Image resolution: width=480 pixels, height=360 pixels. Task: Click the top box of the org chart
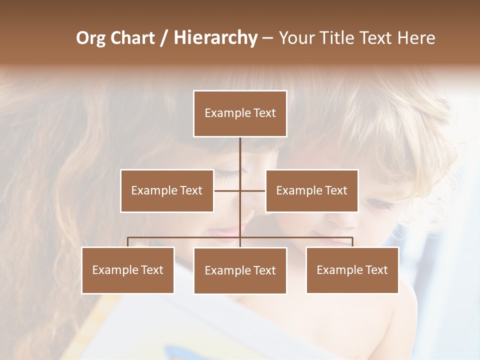point(240,113)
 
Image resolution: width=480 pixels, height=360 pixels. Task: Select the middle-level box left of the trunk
point(167,190)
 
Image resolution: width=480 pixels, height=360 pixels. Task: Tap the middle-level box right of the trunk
point(311,190)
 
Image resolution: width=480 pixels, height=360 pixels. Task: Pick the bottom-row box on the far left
point(128,270)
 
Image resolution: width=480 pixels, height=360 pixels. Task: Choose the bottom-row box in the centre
point(240,270)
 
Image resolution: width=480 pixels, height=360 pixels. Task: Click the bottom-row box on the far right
point(352,270)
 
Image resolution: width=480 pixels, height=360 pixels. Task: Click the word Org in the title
point(90,38)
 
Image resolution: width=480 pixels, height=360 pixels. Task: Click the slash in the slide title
point(163,38)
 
